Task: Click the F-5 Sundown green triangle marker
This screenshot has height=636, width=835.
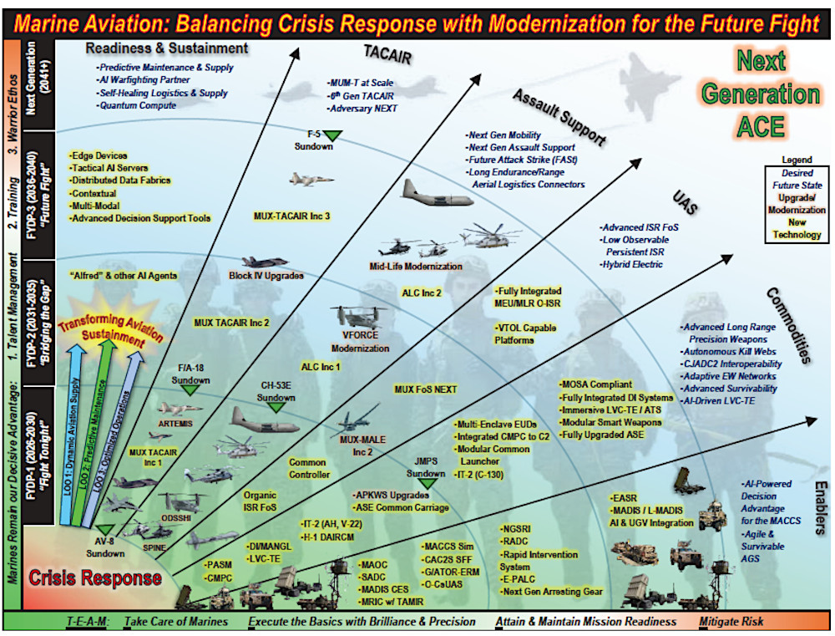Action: [x=333, y=135]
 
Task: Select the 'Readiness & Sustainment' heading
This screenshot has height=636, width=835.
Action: [x=167, y=48]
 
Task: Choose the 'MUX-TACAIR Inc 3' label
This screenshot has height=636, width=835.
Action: [x=291, y=216]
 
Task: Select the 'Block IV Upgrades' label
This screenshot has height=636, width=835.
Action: [x=266, y=274]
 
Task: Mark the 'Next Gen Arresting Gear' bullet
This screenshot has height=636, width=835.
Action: [x=553, y=592]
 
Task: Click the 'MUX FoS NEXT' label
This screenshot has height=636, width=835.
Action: [x=425, y=389]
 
